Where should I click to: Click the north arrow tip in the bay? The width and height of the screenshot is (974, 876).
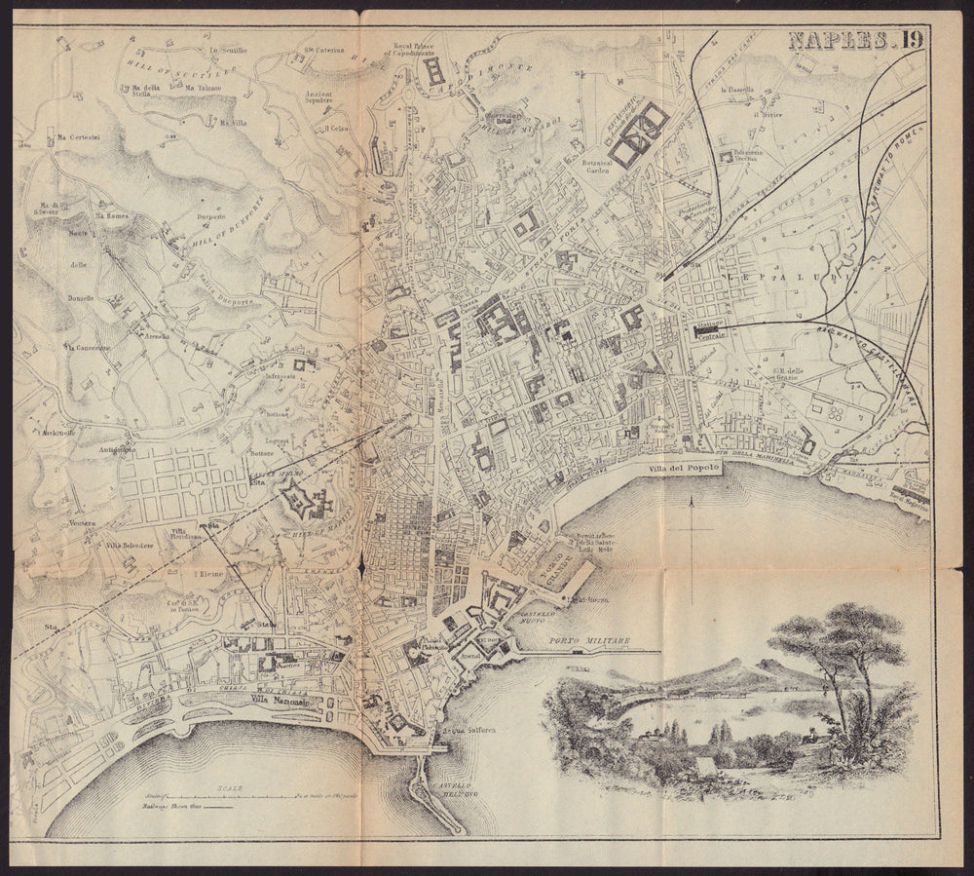click(x=690, y=500)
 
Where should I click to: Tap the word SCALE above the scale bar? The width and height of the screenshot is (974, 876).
click(x=231, y=787)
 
